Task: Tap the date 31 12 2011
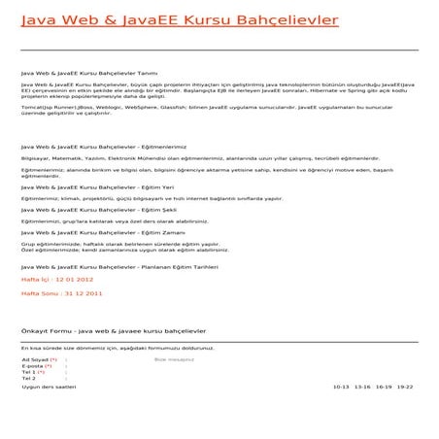(x=82, y=292)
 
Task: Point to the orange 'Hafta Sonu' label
(x=39, y=292)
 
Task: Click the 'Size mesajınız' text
(x=175, y=359)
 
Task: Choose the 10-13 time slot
(x=341, y=387)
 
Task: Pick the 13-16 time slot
(x=363, y=387)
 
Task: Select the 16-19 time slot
(x=385, y=387)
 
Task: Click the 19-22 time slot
(x=405, y=387)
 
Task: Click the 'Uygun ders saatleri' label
(x=48, y=387)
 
